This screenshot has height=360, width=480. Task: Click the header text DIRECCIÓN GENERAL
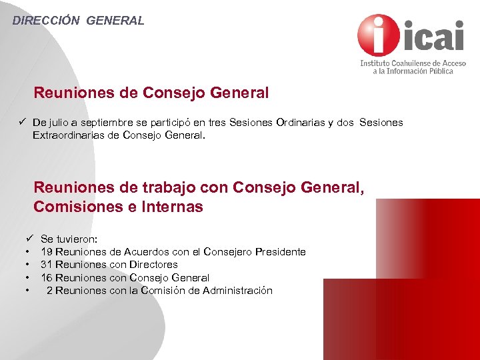point(78,21)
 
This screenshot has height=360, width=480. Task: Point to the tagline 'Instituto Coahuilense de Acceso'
point(413,63)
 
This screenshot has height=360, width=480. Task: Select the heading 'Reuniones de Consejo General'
point(151,93)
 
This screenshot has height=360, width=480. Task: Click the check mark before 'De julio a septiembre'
point(22,122)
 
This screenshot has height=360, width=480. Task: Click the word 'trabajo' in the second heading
point(163,189)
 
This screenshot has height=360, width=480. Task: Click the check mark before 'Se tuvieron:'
point(30,238)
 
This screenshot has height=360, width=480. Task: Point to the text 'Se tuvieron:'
point(69,239)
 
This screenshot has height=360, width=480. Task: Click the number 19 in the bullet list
point(47,252)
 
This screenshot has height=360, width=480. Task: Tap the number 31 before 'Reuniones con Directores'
point(47,265)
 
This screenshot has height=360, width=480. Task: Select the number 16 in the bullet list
point(47,277)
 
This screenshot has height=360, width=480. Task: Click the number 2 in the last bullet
point(49,291)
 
